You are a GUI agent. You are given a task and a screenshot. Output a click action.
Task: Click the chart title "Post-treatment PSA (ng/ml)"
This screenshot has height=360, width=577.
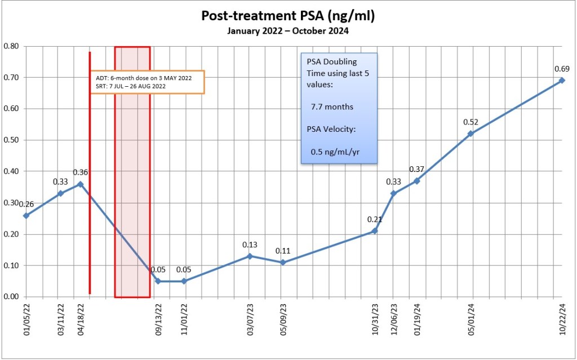(x=288, y=16)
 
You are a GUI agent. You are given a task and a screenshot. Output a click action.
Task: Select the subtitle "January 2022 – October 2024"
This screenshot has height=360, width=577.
(x=288, y=31)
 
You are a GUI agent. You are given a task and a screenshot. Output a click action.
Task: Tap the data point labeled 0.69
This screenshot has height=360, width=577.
(x=561, y=81)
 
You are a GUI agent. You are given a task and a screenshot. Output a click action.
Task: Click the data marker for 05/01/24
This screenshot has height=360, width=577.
(x=471, y=134)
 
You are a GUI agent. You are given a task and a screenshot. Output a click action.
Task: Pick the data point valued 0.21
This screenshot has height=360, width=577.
(x=375, y=231)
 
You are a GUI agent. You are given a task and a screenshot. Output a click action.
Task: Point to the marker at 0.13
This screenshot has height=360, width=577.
(x=250, y=256)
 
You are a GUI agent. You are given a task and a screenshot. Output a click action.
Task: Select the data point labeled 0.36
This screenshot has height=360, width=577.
(x=81, y=184)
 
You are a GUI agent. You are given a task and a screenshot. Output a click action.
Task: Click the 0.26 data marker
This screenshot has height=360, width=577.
(x=26, y=215)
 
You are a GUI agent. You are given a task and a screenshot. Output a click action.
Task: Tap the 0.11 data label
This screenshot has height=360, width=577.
(x=282, y=251)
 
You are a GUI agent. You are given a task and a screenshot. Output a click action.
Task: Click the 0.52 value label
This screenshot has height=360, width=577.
(x=471, y=122)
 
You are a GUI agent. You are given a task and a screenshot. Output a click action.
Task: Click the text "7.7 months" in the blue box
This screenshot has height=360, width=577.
(x=332, y=106)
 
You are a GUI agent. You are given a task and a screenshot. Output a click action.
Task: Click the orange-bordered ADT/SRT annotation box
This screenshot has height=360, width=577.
(x=147, y=82)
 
